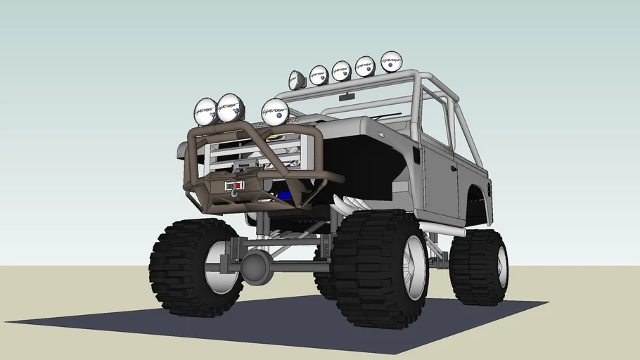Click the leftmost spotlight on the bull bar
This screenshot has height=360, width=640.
tap(206, 112)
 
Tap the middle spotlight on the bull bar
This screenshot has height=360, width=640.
tap(230, 108)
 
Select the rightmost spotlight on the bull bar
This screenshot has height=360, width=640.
tap(275, 112)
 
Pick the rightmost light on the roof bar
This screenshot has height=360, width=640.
tap(391, 62)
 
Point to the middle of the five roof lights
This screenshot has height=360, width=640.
tap(341, 71)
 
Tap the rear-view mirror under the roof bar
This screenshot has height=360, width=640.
tap(346, 96)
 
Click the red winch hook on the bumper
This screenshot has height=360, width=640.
tap(231, 187)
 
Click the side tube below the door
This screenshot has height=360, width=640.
tap(443, 229)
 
